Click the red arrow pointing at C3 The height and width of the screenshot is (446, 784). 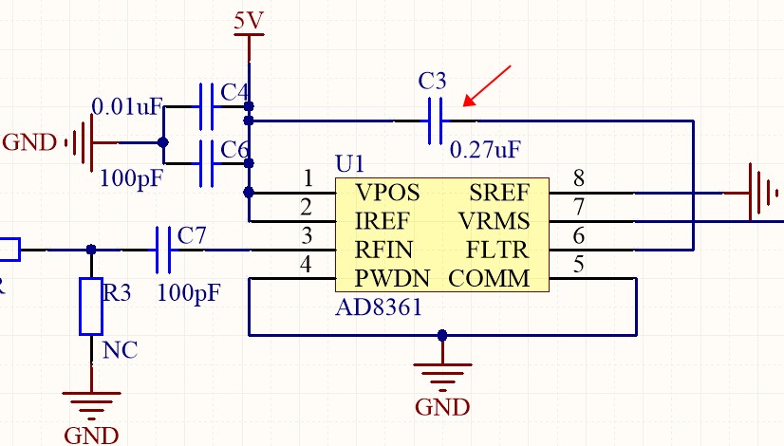487,85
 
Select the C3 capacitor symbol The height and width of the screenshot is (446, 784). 436,121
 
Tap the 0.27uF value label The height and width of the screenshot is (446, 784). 486,150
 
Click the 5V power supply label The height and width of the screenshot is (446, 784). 249,20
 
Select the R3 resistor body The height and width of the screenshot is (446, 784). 91,306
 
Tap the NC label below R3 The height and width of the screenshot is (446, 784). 120,350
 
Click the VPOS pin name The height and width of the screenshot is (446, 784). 387,193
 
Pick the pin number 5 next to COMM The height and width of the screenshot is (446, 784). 578,265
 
